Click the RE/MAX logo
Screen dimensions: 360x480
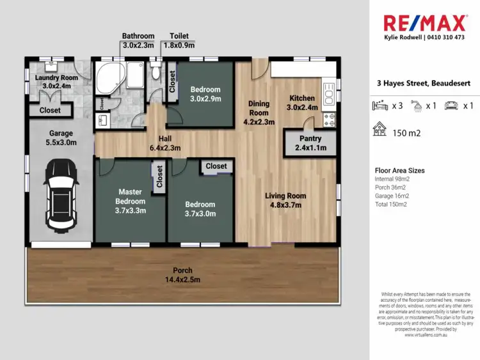pyautogui.click(x=424, y=23)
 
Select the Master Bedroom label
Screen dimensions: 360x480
pyautogui.click(x=131, y=200)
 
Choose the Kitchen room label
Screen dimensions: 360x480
pyautogui.click(x=302, y=102)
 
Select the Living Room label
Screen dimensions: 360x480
pyautogui.click(x=285, y=200)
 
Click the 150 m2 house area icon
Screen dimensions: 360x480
pyautogui.click(x=380, y=130)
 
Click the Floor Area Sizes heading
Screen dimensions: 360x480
pyautogui.click(x=399, y=171)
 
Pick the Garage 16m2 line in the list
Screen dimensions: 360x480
pyautogui.click(x=391, y=196)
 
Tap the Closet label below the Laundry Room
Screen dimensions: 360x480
pyautogui.click(x=50, y=110)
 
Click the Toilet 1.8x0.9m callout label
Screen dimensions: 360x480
pyautogui.click(x=179, y=41)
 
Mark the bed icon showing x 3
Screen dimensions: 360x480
pyautogui.click(x=381, y=106)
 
